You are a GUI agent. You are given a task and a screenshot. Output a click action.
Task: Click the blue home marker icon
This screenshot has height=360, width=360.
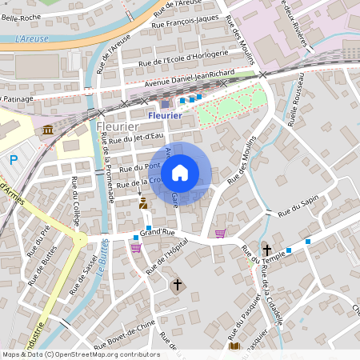(180, 173)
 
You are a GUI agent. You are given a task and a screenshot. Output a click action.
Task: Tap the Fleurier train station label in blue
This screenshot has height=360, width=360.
(165, 115)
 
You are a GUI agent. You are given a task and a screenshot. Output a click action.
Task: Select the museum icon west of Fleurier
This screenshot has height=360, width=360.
(48, 130)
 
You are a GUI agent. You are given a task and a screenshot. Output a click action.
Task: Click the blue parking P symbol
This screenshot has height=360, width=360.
(14, 160)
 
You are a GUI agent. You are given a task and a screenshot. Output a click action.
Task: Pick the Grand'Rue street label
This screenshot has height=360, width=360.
(157, 232)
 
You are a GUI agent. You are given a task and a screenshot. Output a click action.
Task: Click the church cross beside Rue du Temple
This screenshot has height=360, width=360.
(266, 250)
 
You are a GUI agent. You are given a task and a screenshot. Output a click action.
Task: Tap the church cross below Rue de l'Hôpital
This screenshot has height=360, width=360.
(178, 284)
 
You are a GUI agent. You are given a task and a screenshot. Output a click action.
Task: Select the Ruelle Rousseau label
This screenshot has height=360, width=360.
(297, 104)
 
